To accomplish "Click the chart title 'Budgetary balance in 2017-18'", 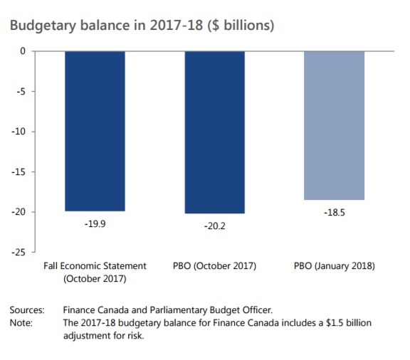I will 142,25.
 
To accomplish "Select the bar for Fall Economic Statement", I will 95,131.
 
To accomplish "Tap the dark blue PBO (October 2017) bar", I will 214,132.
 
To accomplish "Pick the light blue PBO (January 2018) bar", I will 334,125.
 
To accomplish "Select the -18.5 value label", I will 334,211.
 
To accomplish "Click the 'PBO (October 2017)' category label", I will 214,266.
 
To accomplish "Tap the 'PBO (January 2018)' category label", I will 334,266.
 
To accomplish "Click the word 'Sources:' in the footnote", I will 27,311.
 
